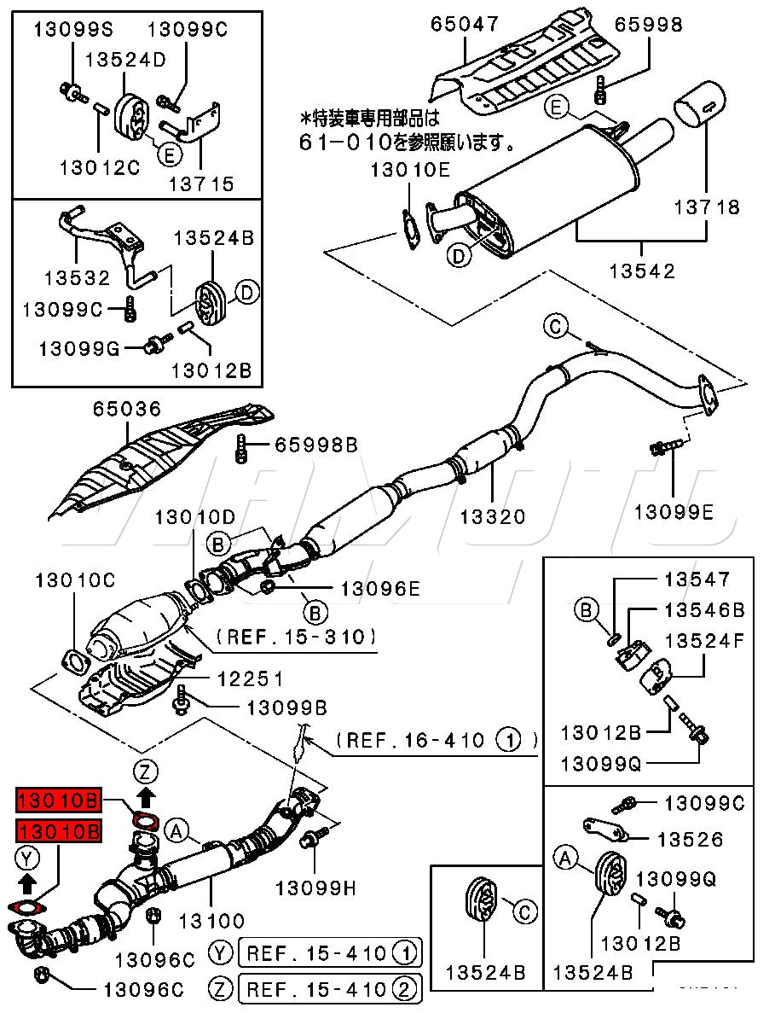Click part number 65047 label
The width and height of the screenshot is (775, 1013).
464,24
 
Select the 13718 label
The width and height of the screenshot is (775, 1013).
707,207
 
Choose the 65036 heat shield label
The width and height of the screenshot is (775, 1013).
127,410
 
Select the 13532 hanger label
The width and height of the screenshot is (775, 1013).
78,278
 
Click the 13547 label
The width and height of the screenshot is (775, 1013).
697,579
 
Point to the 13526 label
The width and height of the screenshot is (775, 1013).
690,840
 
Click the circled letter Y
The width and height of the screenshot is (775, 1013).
26,857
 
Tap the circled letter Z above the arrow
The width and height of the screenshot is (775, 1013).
146,772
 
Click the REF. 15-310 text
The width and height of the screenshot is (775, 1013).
296,636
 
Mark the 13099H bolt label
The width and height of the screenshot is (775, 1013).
315,888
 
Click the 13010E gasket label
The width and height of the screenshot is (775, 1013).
409,170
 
